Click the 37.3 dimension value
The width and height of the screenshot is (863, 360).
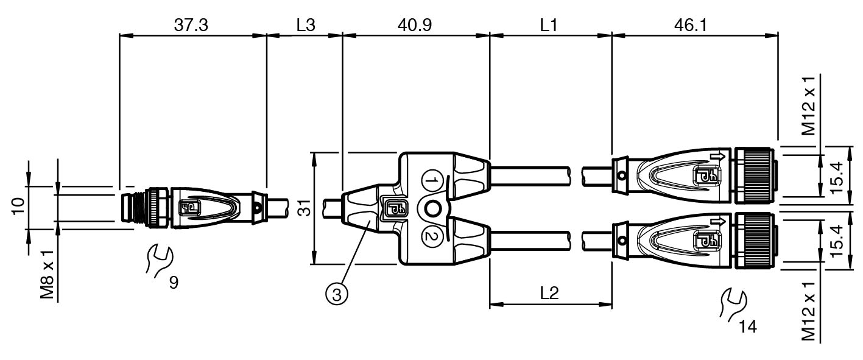(x=191, y=25)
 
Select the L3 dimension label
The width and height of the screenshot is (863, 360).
(x=306, y=25)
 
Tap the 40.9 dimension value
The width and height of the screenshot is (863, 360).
(x=415, y=25)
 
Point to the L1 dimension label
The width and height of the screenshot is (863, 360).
(x=549, y=25)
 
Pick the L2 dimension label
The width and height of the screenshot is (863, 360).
(x=549, y=294)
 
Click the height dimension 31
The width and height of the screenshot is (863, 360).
(x=305, y=208)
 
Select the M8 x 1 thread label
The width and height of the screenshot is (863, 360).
(x=48, y=275)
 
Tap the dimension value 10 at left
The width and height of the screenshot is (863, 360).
(x=18, y=206)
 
